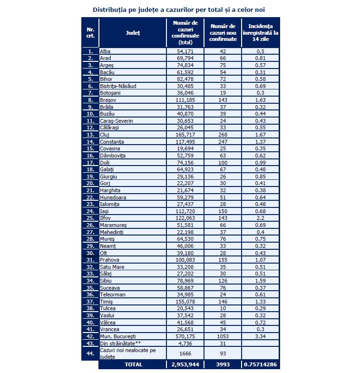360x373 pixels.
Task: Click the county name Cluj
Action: click(104, 135)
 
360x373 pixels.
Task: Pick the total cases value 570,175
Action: click(185, 336)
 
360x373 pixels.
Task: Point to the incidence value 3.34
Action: click(260, 336)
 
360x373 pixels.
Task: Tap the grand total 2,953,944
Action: click(185, 364)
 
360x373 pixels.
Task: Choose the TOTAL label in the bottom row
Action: click(133, 364)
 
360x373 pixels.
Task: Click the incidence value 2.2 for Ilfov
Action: click(260, 218)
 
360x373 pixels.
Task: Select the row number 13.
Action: click(90, 135)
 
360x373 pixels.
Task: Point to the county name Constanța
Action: click(112, 142)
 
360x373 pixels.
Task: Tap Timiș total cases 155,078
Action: click(185, 302)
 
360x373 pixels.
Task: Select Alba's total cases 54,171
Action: click(185, 51)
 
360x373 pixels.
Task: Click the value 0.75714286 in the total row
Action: click(260, 364)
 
